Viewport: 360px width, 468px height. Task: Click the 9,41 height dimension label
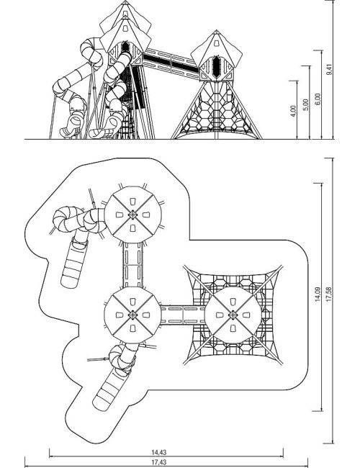pos(329,69)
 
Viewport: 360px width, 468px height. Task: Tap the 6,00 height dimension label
pos(318,99)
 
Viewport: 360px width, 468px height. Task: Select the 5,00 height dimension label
pos(305,105)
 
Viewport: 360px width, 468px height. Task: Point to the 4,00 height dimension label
pos(293,111)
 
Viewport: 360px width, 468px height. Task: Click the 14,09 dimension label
pos(318,294)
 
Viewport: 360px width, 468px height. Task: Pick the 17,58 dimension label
pos(328,294)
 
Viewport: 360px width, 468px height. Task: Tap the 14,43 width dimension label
pos(159,452)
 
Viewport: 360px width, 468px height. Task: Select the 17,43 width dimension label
pos(159,462)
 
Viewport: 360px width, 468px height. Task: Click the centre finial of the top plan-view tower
pos(132,215)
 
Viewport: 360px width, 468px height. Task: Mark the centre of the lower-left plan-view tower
pos(132,315)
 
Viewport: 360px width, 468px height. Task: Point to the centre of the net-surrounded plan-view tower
pos(233,315)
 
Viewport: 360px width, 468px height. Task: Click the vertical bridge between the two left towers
pos(132,265)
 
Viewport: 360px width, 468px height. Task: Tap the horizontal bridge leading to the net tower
pos(183,315)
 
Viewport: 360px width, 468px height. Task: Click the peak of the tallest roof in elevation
pos(125,1)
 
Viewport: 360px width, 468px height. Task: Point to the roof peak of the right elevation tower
pos(216,31)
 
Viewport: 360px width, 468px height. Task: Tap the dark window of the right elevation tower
pos(216,66)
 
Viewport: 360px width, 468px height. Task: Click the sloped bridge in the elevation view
pos(171,63)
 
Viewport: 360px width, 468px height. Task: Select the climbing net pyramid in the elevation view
pos(217,110)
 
